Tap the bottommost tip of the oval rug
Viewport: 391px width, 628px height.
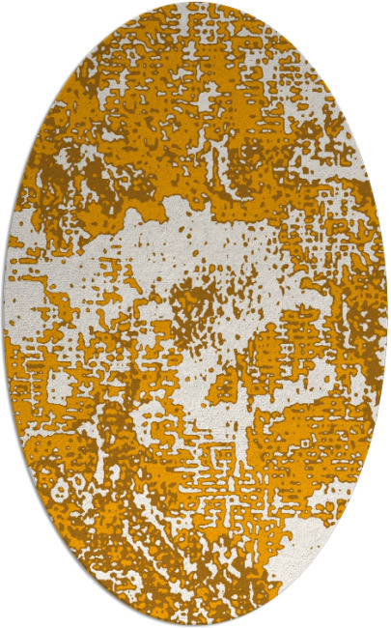(x=196, y=624)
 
